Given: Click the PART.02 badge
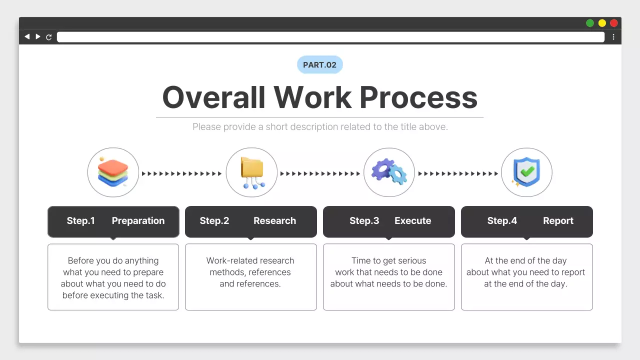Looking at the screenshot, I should pos(320,65).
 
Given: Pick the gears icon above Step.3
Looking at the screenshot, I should pos(389,172).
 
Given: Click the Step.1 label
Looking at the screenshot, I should pos(81,221).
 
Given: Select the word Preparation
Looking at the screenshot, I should pos(138,221).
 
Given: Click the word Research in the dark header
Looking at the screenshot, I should pos(274,221).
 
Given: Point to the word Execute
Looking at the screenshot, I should pos(412,221).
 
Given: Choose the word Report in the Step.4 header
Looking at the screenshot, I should pos(558,221).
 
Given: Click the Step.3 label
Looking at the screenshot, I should pos(364,221).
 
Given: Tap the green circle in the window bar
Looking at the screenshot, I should pos(590,23).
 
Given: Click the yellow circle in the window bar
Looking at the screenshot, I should pos(602,23).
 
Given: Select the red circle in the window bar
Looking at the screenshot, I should pos(614,23).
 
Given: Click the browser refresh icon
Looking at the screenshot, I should pos(49,37).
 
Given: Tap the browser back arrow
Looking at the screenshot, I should pos(27,36).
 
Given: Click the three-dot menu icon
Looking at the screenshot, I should pos(613,37).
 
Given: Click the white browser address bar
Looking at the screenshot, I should pos(330,37).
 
